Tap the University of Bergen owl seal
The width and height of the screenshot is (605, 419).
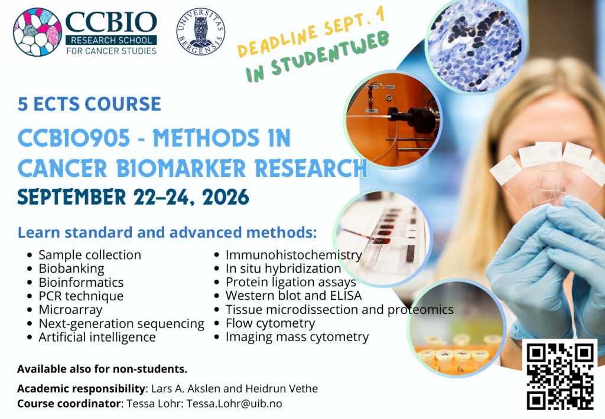click(201, 32)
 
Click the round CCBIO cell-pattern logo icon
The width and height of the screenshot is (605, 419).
click(37, 32)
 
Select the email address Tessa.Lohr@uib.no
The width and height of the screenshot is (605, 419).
click(234, 404)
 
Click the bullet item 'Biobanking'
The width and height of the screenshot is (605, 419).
click(71, 269)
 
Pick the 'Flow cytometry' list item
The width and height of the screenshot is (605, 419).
click(270, 323)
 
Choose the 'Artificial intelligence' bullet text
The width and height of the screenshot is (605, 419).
click(97, 337)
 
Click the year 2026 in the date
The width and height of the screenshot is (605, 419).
click(226, 197)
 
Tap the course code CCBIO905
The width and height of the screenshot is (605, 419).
click(74, 138)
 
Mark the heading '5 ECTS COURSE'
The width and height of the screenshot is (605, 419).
click(89, 104)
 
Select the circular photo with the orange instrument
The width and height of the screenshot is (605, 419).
click(393, 119)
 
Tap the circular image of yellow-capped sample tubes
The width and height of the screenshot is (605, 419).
click(457, 329)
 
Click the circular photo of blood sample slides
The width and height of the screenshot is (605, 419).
click(383, 238)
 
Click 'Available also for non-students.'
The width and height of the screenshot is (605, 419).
click(102, 369)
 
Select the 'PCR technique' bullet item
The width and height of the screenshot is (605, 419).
click(81, 296)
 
